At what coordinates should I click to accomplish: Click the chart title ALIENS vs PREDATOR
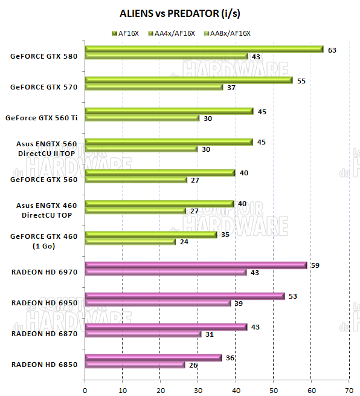(x=179, y=13)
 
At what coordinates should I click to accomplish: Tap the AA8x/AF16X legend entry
(x=230, y=33)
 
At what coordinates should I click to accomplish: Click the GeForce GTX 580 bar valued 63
(x=204, y=50)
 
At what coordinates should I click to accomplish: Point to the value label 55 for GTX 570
(x=301, y=80)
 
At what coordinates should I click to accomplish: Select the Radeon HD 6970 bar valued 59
(x=196, y=265)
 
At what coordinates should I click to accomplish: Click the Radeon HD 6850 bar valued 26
(x=135, y=365)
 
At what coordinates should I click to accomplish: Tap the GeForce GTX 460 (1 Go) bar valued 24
(x=130, y=242)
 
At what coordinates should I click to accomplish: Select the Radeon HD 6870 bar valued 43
(x=166, y=326)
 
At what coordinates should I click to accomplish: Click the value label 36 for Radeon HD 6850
(x=230, y=357)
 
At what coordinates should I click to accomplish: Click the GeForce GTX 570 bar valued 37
(x=154, y=87)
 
